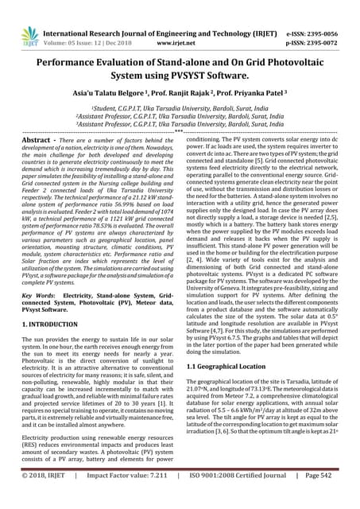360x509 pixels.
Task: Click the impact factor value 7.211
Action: click(169, 496)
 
